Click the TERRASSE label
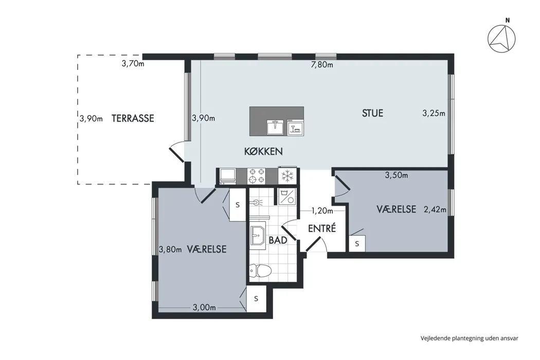point(133,118)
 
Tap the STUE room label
point(373,113)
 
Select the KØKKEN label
point(263,151)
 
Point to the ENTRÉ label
point(322,228)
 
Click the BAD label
point(278,240)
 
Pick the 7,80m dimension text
point(322,64)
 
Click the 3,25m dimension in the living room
point(434,113)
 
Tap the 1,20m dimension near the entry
point(322,210)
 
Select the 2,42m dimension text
point(435,209)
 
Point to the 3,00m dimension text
point(205,308)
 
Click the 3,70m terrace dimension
point(133,63)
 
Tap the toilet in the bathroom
point(260,271)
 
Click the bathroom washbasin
point(257,236)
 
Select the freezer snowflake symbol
point(287,176)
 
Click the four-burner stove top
point(257,176)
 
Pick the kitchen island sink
point(275,127)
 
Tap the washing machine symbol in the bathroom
point(286,196)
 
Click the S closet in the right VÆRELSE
point(357,244)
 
